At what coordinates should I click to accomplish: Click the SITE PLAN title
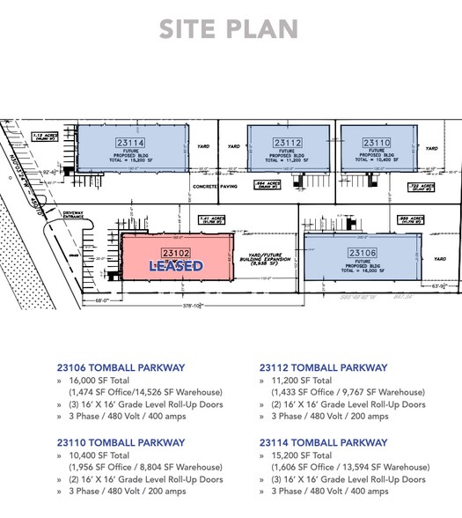(x=228, y=28)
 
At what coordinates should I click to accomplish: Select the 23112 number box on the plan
(x=288, y=142)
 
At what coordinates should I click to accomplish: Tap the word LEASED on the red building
(x=176, y=266)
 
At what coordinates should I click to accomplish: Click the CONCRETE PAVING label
(x=215, y=186)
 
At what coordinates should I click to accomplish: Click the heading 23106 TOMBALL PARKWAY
(x=120, y=367)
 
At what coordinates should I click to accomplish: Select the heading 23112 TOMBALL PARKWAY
(x=323, y=367)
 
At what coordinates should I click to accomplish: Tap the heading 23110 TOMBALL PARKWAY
(x=120, y=443)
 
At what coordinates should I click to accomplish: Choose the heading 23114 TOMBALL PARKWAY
(x=323, y=443)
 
